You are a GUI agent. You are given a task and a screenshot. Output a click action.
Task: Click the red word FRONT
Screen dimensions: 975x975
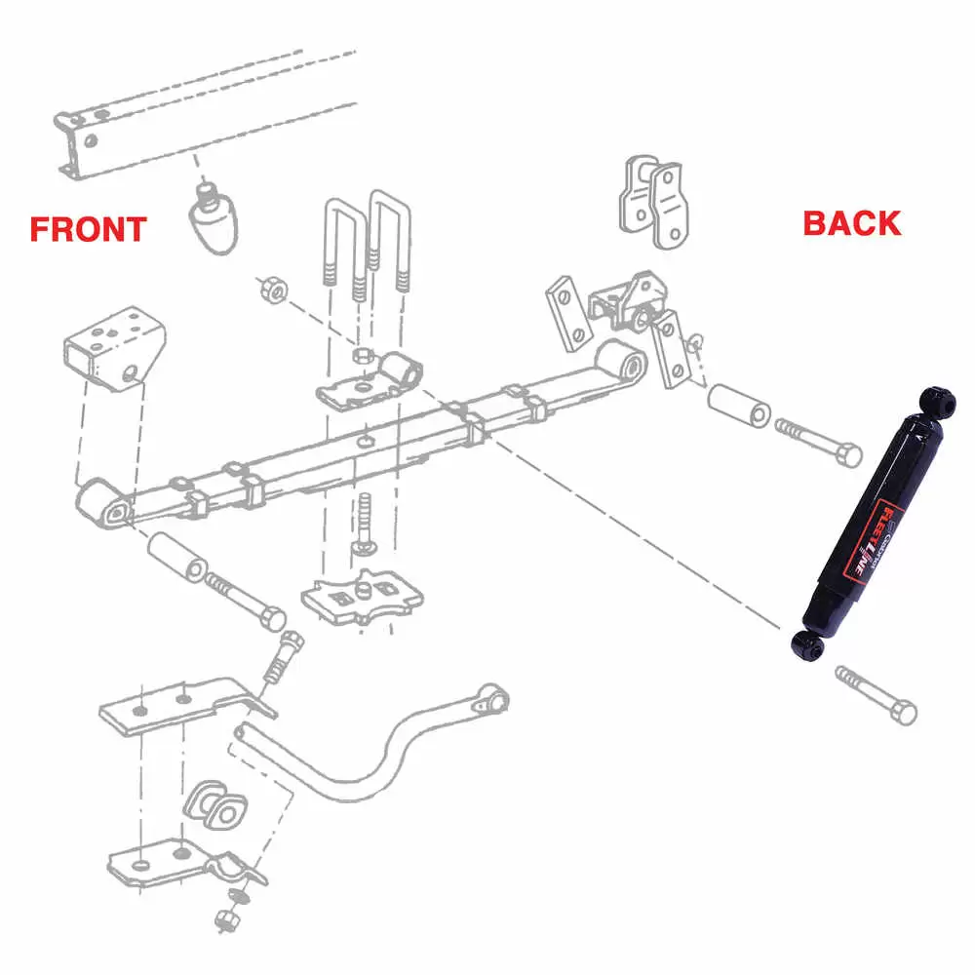click(x=88, y=229)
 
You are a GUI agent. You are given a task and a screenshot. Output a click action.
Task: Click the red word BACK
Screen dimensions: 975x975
click(x=851, y=223)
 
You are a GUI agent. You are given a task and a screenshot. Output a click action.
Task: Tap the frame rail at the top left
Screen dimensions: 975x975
click(x=195, y=112)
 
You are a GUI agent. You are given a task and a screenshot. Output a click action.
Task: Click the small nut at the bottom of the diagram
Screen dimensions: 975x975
click(x=224, y=919)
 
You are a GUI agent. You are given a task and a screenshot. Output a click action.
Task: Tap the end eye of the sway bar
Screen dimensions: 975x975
click(x=495, y=698)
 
